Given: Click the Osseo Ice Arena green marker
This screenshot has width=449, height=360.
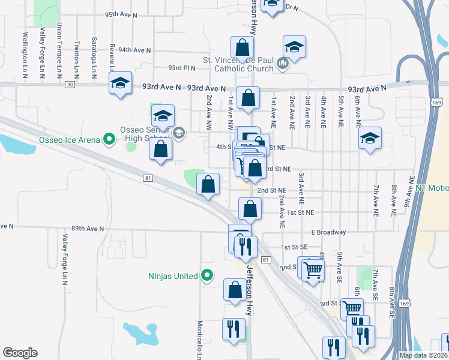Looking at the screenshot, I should (x=109, y=140).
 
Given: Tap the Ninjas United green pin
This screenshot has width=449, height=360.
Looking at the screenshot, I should (x=207, y=276).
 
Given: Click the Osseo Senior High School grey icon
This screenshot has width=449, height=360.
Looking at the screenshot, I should (x=178, y=132).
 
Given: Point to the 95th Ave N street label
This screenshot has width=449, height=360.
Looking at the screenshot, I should (x=121, y=14).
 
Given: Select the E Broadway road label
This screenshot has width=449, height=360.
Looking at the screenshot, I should (x=328, y=232).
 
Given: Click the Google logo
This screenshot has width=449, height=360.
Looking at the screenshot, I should (x=20, y=353).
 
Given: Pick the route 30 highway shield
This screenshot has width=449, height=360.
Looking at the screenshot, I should (x=70, y=85).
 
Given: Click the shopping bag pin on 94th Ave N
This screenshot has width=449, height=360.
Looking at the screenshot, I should (x=241, y=48).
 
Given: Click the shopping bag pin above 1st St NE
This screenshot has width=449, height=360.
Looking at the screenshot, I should (x=250, y=209).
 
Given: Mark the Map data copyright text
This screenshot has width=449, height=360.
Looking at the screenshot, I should (x=423, y=355).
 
